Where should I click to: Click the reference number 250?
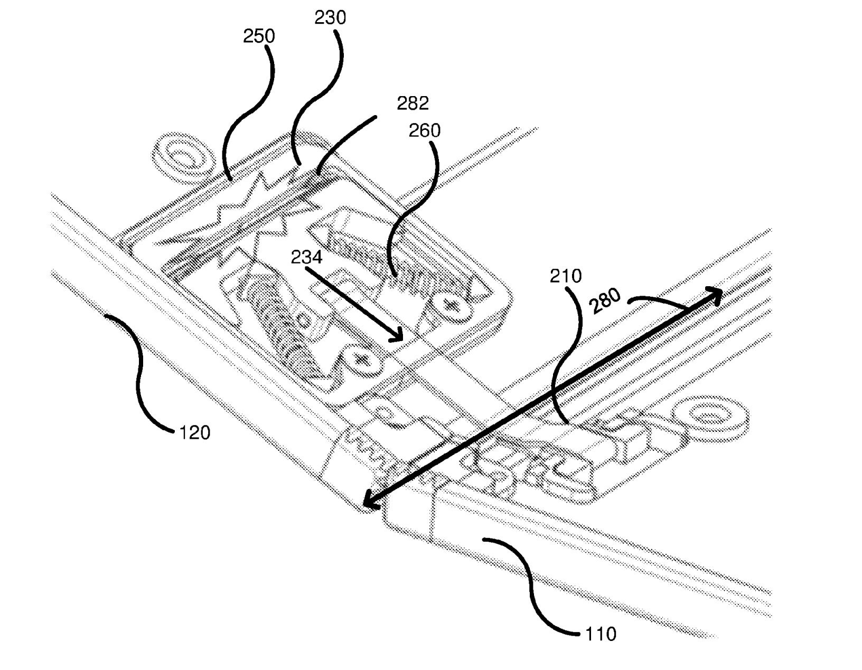click(x=259, y=36)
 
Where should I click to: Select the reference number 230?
click(x=330, y=17)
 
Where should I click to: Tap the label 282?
click(x=413, y=103)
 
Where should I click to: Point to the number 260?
click(x=424, y=130)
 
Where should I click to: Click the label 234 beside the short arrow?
click(x=306, y=257)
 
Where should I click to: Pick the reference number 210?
click(x=566, y=276)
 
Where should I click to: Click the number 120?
click(x=194, y=433)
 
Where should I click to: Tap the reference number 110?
click(x=601, y=633)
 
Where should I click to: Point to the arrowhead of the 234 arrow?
click(x=398, y=337)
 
